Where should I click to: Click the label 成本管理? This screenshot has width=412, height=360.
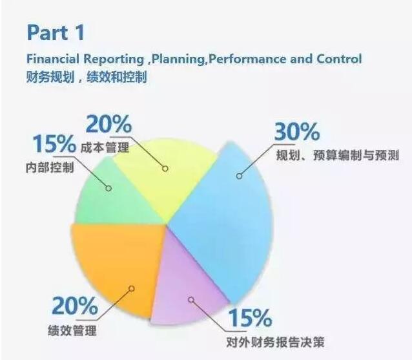pyautogui.click(x=106, y=148)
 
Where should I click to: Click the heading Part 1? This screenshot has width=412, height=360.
pyautogui.click(x=55, y=32)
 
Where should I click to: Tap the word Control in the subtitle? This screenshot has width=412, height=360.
pyautogui.click(x=338, y=59)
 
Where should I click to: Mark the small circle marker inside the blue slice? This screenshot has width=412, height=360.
pyautogui.click(x=238, y=175)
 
